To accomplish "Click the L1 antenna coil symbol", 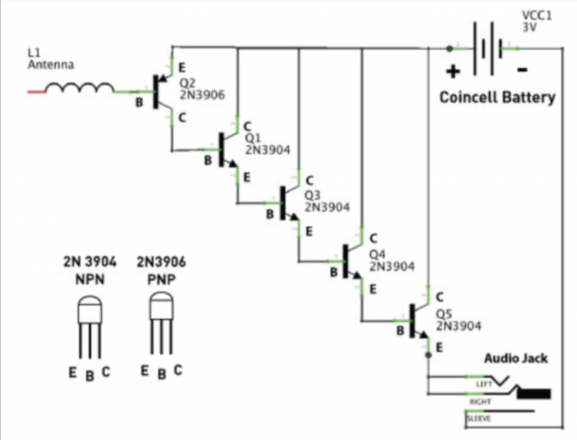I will coord(79,90).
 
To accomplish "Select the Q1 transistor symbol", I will coord(224,149).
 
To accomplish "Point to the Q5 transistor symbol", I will coord(416,321).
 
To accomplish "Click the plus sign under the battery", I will coord(454,72).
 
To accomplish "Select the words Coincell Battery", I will coord(497,98).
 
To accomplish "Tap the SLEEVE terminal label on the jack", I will coord(480,419).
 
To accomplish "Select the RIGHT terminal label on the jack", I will coord(481,400).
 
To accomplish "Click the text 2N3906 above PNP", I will coord(160,262).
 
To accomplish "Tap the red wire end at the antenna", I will coord(36,91).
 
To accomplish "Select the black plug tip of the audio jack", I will coord(534,394).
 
